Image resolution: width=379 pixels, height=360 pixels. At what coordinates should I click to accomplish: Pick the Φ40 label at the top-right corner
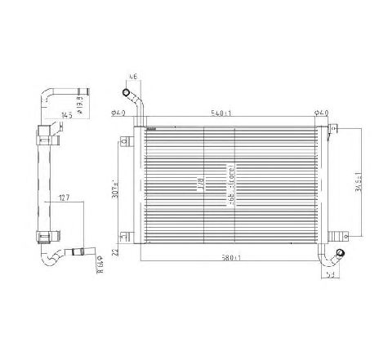(x=322, y=113)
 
